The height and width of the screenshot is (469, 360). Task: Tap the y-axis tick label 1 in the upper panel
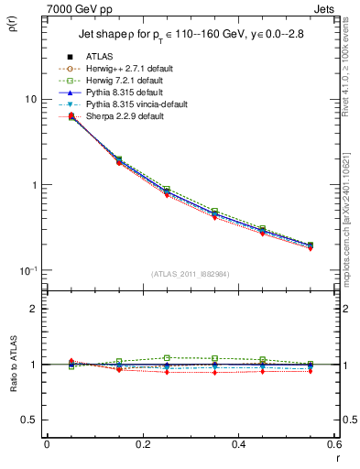pos(34,185)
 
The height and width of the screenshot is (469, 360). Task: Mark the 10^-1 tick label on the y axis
pos(29,270)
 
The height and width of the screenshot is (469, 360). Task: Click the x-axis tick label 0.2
pos(142,444)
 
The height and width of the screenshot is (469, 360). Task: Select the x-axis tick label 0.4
pos(238,444)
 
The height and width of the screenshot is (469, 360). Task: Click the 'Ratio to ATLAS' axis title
pos(12,364)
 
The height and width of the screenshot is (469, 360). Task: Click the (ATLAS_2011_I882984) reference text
pos(191,274)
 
